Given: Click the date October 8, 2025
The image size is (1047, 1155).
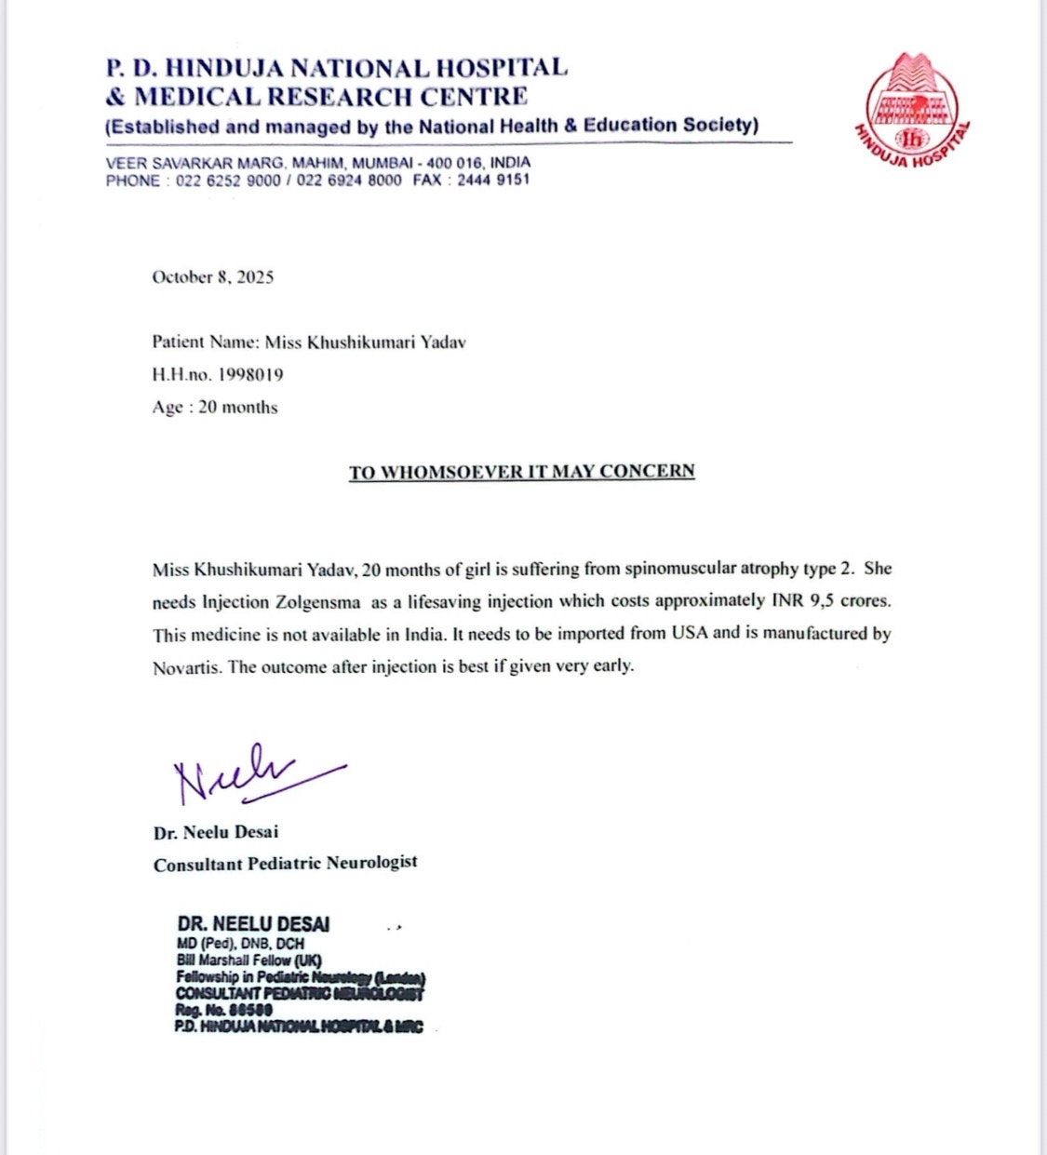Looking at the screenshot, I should [x=213, y=276].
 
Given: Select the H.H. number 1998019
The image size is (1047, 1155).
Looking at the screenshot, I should [x=250, y=374].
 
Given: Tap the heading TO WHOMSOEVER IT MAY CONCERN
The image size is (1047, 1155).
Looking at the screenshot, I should [x=521, y=471].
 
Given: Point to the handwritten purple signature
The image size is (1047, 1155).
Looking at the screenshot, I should [x=251, y=774].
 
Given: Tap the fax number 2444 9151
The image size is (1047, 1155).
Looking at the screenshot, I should [x=493, y=180].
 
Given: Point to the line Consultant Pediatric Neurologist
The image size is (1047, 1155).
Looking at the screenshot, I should [x=286, y=864].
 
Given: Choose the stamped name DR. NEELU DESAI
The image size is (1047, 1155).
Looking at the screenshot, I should [x=253, y=924].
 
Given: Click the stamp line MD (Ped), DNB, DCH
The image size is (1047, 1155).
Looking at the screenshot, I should [x=240, y=943].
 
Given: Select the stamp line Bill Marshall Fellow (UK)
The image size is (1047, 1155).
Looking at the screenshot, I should [x=248, y=960].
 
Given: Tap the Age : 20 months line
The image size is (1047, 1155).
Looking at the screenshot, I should [x=215, y=407].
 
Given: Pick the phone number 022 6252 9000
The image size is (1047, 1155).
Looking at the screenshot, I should [x=227, y=180].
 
